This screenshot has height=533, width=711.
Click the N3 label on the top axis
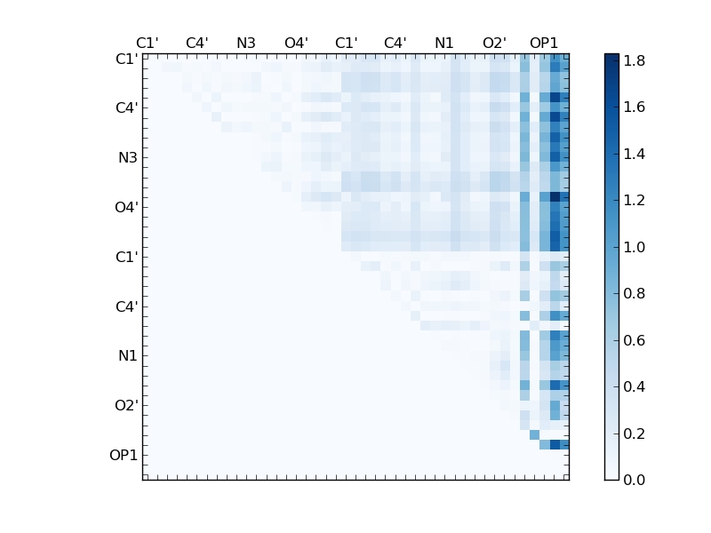coord(246,43)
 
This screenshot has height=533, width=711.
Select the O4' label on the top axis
coord(296,43)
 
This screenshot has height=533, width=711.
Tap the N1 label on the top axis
coord(444,43)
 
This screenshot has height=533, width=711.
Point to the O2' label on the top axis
coord(494,43)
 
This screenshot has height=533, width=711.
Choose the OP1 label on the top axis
coord(544,43)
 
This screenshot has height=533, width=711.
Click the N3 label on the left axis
coord(127,157)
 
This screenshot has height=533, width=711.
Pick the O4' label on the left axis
coord(125,207)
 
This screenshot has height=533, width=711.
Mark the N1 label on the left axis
coord(127,355)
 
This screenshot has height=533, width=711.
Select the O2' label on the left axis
coord(125,405)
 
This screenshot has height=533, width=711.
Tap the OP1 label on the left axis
coord(124,455)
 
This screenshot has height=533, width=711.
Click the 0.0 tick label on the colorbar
coord(634,480)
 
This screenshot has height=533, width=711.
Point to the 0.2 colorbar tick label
coord(634,434)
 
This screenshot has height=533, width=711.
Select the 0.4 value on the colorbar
coord(634,386)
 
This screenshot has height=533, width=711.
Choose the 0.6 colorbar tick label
coord(634,340)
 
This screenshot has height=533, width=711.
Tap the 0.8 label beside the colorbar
coord(634,293)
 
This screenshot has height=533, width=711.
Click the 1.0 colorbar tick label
coord(634,247)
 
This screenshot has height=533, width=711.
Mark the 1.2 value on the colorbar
coord(634,201)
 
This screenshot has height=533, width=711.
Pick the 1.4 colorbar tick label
coord(634,154)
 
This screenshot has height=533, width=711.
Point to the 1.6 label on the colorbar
coord(634,107)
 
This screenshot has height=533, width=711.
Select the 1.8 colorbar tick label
coord(634,60)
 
